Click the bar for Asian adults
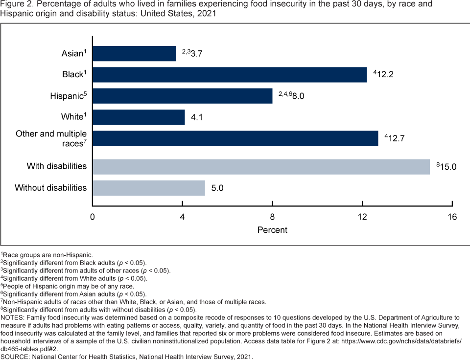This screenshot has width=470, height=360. click(134, 53)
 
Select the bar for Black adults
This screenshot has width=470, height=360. click(230, 75)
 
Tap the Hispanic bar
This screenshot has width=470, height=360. click(182, 96)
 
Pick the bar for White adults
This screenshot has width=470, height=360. click(139, 117)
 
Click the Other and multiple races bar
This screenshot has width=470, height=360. click(235, 138)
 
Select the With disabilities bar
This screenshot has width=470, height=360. click(261, 167)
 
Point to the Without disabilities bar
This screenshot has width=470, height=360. click(149, 188)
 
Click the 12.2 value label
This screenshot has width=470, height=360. click(385, 75)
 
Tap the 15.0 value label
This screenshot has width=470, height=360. click(447, 167)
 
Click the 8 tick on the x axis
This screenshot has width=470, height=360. click(272, 217)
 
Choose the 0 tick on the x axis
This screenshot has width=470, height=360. click(93, 217)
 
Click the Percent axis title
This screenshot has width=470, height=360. click(272, 230)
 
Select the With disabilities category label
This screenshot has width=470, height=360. click(56, 166)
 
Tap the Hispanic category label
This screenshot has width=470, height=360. click(66, 96)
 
